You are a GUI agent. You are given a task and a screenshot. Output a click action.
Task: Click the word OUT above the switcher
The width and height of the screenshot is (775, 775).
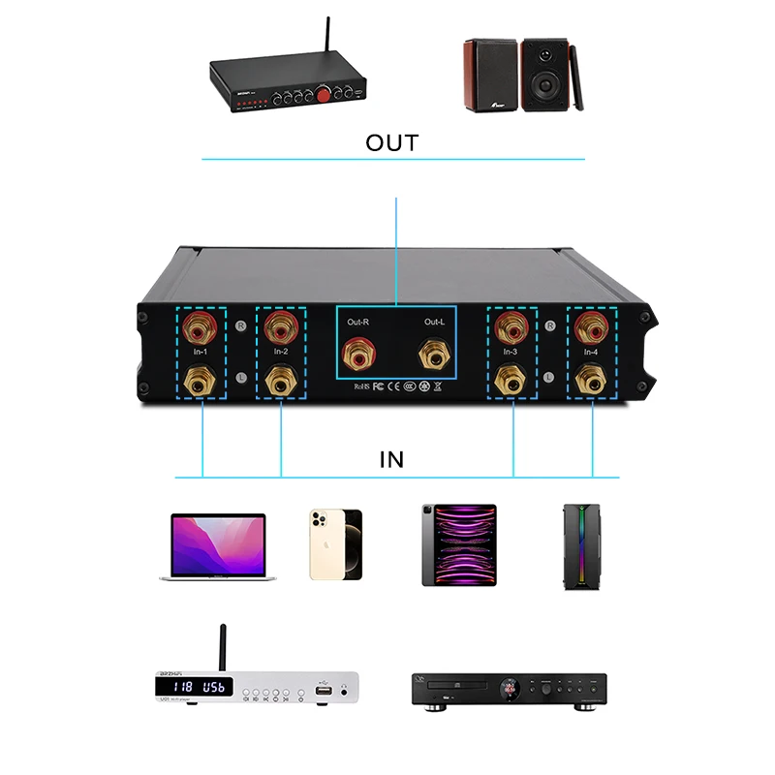coord(392,143)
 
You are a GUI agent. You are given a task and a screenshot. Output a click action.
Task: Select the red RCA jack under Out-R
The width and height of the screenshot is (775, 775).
coord(356,356)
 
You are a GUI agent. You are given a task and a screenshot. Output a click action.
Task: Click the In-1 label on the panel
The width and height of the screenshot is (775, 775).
coord(201,352)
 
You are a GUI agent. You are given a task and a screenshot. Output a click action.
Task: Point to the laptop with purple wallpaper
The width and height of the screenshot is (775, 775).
coord(218,547)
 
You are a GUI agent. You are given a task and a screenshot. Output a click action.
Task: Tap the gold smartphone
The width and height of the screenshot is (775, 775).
coord(335,544)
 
